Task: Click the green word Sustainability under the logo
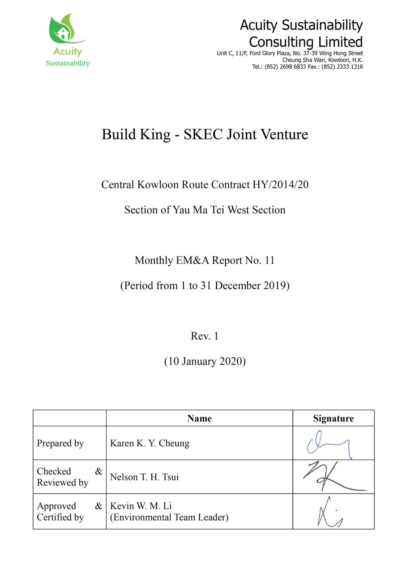[x=68, y=63]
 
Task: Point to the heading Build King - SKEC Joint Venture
[x=205, y=134]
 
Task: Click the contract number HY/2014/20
[x=281, y=185]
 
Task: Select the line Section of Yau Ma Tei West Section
[x=205, y=210]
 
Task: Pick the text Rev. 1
[x=204, y=336]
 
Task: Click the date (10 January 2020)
[x=205, y=361]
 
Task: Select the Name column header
[x=199, y=418]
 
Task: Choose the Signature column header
[x=333, y=418]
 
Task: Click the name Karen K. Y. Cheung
[x=150, y=443]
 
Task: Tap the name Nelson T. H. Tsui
[x=144, y=477]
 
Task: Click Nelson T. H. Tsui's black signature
[x=333, y=477]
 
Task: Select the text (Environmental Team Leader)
[x=169, y=517]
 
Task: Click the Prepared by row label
[x=60, y=443]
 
